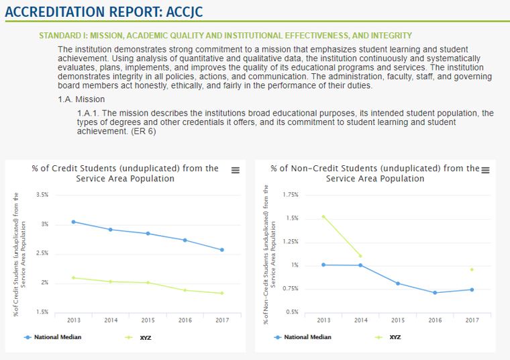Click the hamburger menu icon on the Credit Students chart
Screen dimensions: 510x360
236,170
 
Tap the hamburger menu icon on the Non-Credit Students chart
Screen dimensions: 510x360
485,170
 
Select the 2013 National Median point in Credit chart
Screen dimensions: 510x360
74,222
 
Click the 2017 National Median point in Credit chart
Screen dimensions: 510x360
222,250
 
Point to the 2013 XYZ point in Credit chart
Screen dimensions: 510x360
74,277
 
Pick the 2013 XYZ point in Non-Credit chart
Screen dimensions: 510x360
323,216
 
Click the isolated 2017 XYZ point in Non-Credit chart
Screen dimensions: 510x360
472,269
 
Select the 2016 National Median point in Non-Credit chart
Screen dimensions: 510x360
435,293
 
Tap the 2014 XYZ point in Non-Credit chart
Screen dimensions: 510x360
360,256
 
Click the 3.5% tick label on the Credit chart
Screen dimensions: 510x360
42,195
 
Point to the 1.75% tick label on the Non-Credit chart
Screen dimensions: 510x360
291,195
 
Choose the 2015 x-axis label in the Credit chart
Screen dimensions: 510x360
148,320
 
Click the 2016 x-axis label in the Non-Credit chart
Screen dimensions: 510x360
435,320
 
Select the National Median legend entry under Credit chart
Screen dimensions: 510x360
53,337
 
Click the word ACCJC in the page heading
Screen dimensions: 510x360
184,12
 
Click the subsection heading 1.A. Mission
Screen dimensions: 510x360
81,99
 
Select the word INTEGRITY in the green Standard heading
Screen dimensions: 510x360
392,36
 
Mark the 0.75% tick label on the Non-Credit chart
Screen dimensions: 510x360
291,289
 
